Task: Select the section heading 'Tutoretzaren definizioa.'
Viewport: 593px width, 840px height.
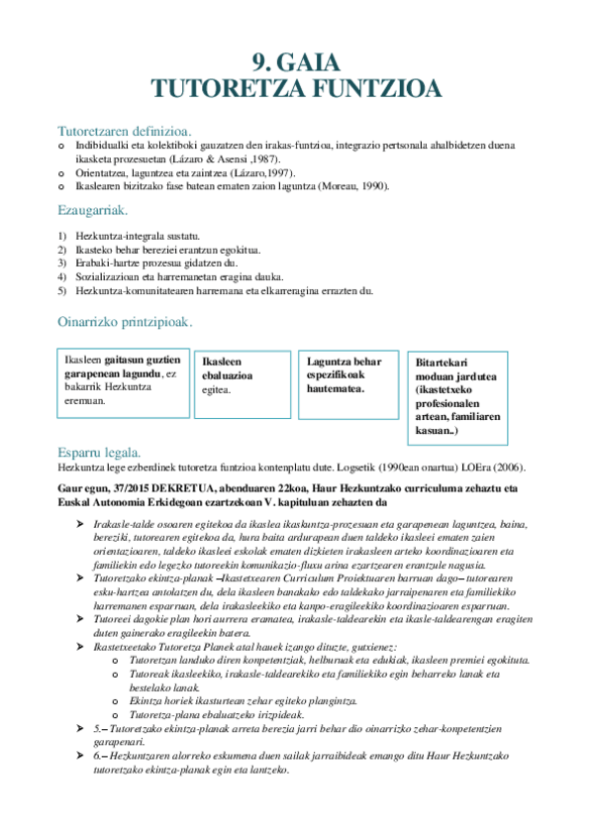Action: click(x=125, y=131)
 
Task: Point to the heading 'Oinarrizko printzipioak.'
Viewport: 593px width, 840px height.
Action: click(x=126, y=323)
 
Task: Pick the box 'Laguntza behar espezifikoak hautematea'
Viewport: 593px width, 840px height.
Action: click(x=346, y=379)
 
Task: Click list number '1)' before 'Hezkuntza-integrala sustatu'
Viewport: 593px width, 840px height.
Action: click(x=62, y=236)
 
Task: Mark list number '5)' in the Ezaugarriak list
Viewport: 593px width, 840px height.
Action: click(x=62, y=290)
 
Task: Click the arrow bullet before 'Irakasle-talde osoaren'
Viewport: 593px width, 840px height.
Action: click(x=81, y=523)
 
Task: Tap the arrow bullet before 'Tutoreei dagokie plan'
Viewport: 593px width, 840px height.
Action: click(x=81, y=617)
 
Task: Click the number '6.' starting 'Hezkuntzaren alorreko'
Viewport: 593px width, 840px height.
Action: click(x=98, y=755)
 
